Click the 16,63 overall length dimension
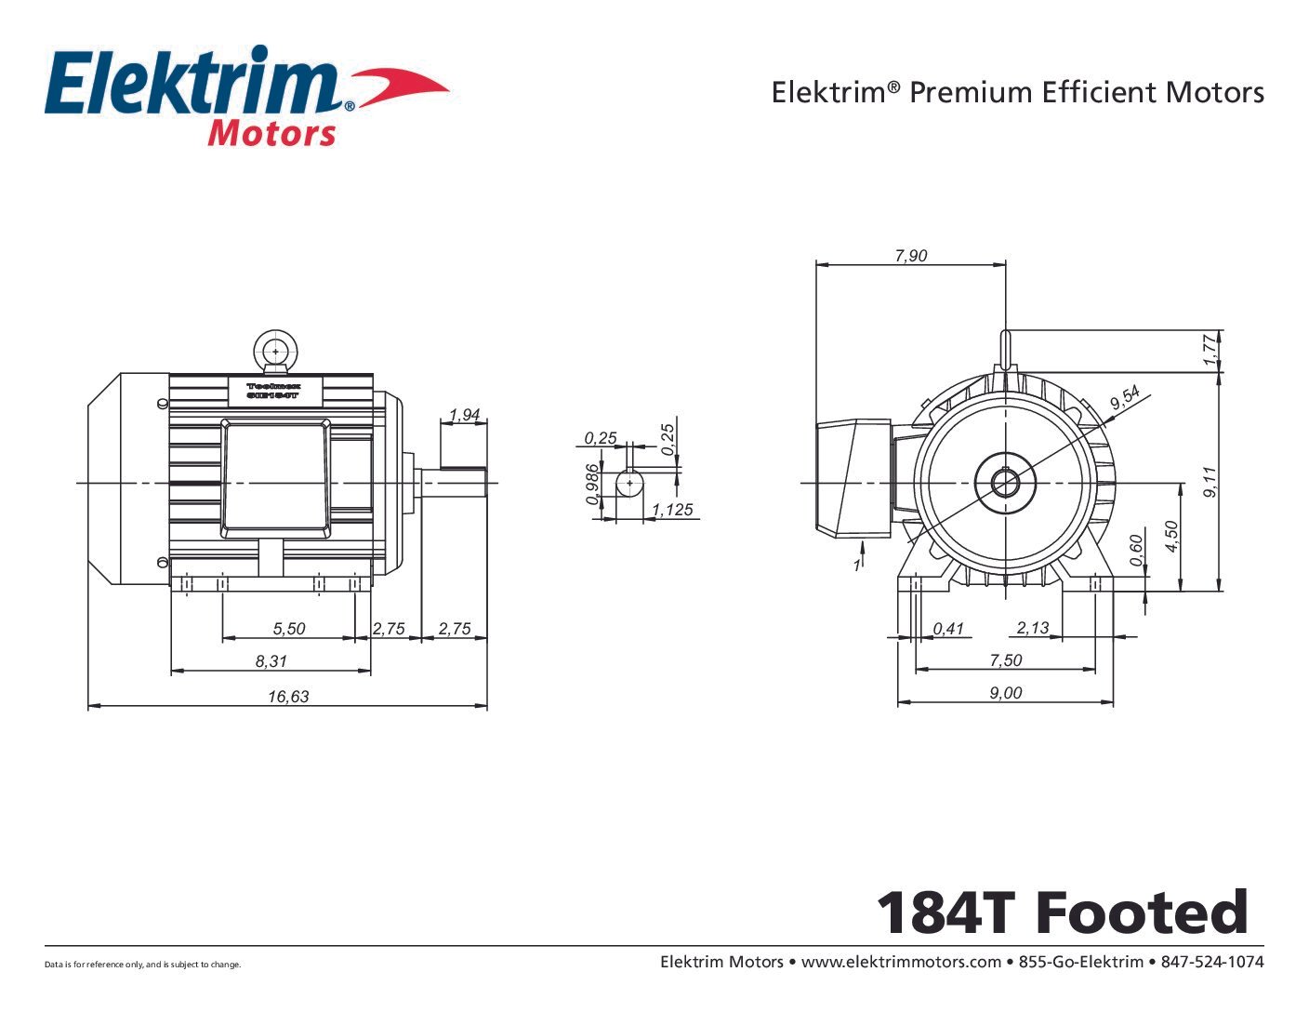[288, 696]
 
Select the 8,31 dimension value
[271, 661]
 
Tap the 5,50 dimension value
[288, 629]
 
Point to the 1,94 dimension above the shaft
[464, 415]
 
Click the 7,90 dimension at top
[910, 256]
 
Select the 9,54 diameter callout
[1124, 399]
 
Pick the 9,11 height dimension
[1210, 482]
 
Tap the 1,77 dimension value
[1209, 350]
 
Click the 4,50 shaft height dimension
[1171, 537]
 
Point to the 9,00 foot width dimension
[1005, 693]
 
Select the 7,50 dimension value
[1005, 660]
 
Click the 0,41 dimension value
[948, 629]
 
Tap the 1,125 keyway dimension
[672, 510]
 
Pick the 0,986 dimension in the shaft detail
[593, 484]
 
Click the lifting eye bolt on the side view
[274, 353]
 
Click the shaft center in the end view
[1005, 483]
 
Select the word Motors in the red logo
[271, 134]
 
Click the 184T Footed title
[1062, 912]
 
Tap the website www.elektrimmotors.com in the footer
[900, 962]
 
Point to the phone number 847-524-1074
[1212, 962]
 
